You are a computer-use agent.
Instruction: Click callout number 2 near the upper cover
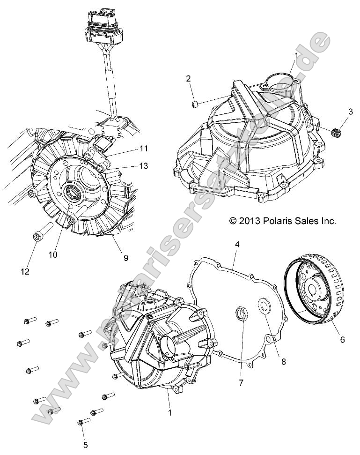188,78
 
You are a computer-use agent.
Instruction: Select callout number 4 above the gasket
237,245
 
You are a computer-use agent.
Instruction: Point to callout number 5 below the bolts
85,445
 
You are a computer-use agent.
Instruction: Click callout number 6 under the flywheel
342,339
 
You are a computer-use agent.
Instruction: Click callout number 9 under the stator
125,257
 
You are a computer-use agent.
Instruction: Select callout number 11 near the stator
143,149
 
